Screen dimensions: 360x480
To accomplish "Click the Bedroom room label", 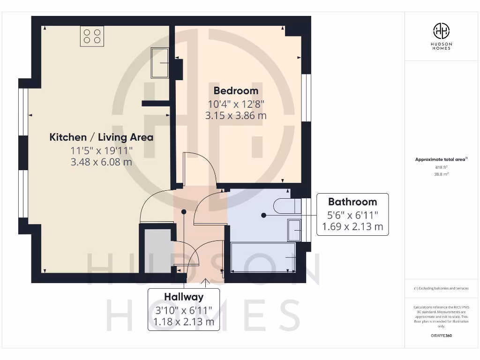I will click(x=236, y=90).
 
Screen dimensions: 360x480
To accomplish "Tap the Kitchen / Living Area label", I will click(x=101, y=137).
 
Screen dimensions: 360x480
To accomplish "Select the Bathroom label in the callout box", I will click(x=352, y=202).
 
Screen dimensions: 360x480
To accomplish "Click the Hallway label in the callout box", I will click(x=184, y=297).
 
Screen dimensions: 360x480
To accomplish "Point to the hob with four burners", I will click(x=92, y=36).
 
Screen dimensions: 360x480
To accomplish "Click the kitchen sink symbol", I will click(x=160, y=63).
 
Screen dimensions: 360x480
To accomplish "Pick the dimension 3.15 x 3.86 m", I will click(x=236, y=115).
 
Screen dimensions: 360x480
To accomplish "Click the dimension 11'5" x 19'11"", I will click(x=102, y=150).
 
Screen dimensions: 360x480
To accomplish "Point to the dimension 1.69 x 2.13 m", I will click(x=352, y=228).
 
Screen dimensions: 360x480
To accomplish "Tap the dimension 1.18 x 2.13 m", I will click(x=184, y=322).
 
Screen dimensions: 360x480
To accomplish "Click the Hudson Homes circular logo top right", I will click(x=441, y=31).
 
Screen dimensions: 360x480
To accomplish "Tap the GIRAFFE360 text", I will click(x=441, y=336).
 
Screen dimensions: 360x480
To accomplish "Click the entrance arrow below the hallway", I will click(x=205, y=281).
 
